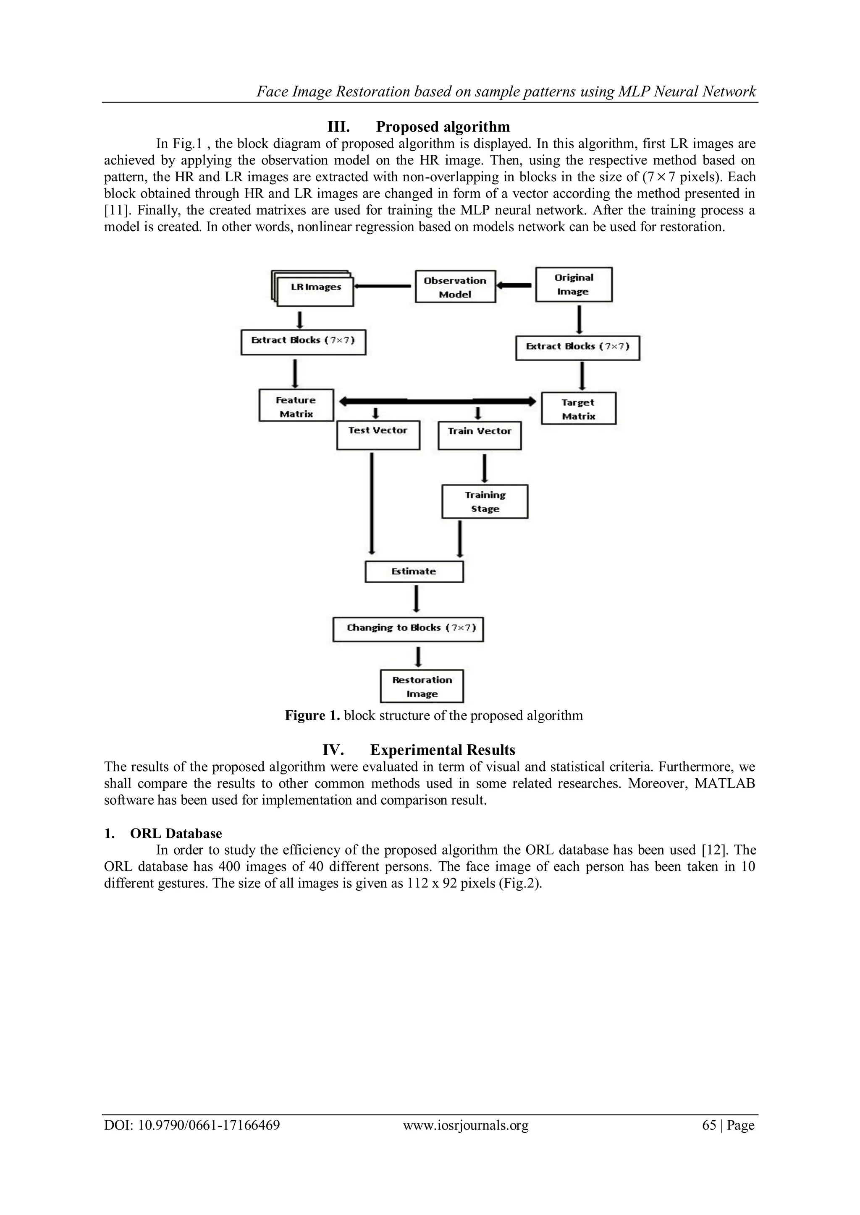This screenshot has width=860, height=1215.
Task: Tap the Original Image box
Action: (x=574, y=285)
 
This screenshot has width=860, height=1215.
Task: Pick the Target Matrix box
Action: (x=578, y=409)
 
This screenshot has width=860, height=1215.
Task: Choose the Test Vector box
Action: (x=378, y=435)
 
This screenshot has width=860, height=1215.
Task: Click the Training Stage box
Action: (x=485, y=502)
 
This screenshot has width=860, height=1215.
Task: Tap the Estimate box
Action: (x=414, y=571)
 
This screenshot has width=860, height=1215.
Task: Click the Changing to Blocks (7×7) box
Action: (x=408, y=629)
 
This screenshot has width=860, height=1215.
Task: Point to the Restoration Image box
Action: (x=422, y=686)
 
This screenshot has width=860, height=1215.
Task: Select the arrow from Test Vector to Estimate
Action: (x=372, y=503)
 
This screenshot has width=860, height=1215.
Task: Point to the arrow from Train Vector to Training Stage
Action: (x=485, y=467)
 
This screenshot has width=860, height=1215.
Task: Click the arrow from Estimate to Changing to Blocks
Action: (x=417, y=600)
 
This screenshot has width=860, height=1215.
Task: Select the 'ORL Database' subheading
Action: (x=176, y=834)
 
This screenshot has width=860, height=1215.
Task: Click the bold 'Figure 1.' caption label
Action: (x=312, y=716)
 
